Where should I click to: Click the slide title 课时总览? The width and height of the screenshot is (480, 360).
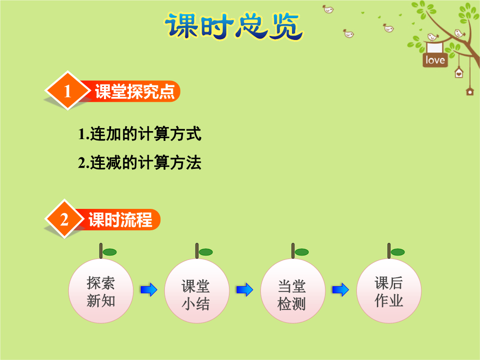point(234,26)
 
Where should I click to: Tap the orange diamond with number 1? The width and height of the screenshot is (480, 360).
point(68,91)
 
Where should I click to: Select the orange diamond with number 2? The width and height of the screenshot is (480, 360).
point(64,219)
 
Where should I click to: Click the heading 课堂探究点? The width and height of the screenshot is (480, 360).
point(135,91)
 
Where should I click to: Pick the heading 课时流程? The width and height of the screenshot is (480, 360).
point(120,220)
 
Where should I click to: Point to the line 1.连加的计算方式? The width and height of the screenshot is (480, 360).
point(140,134)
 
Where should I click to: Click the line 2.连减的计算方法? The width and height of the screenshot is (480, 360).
point(140,163)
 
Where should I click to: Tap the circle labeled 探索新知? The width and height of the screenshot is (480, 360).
point(101,291)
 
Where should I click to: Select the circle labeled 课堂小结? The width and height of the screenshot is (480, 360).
point(197,291)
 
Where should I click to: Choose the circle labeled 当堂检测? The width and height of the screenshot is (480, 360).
point(293,291)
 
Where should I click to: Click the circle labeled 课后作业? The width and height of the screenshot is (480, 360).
point(389,291)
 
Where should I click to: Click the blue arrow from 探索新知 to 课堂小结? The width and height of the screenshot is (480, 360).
point(149,290)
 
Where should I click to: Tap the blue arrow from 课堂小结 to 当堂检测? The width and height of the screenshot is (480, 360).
point(245,290)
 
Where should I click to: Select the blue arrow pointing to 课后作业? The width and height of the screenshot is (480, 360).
point(340,290)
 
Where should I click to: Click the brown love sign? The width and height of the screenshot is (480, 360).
point(435,60)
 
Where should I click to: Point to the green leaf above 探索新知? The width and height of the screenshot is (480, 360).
point(110,252)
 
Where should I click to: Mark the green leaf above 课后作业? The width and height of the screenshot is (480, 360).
point(398,252)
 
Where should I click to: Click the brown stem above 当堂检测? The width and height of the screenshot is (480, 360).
point(293,251)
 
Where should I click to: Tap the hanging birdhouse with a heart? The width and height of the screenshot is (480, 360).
point(459,73)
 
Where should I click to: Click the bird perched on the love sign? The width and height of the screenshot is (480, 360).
point(432,37)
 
